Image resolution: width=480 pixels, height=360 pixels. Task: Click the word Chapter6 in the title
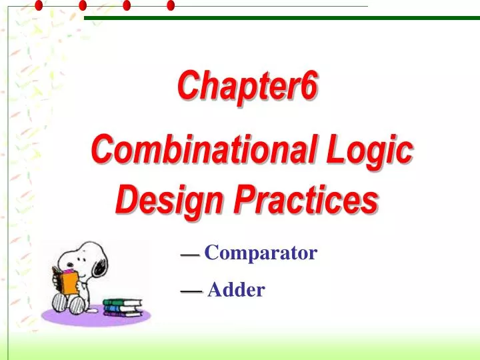click(x=247, y=87)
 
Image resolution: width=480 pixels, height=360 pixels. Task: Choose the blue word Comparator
click(x=261, y=253)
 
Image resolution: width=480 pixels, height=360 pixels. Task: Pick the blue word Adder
click(x=236, y=290)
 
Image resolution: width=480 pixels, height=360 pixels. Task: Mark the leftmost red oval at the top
click(x=39, y=5)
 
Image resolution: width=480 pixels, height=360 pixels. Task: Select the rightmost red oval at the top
click(x=171, y=5)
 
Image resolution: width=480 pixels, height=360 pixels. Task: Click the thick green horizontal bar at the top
click(x=280, y=18)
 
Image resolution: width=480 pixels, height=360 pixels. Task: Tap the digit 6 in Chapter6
click(x=307, y=87)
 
